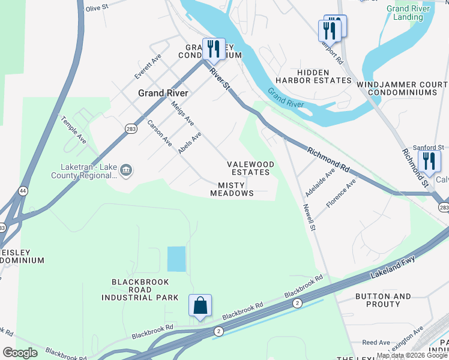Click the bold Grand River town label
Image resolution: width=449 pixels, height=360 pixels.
point(163,93)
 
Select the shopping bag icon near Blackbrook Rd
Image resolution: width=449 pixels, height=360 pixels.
point(200,305)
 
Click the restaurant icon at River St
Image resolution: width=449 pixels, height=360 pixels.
point(213,49)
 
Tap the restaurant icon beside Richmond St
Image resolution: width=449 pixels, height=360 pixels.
point(429,161)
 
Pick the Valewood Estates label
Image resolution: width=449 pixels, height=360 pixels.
point(250,168)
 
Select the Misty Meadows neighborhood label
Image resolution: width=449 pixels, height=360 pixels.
point(232,190)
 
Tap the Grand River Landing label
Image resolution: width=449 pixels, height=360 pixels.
point(408,13)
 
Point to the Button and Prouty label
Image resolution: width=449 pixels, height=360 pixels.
point(383,300)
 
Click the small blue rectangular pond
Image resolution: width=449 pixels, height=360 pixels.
point(176,259)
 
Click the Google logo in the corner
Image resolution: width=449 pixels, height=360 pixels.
point(20,353)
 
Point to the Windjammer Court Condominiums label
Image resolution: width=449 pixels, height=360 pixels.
point(402,88)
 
